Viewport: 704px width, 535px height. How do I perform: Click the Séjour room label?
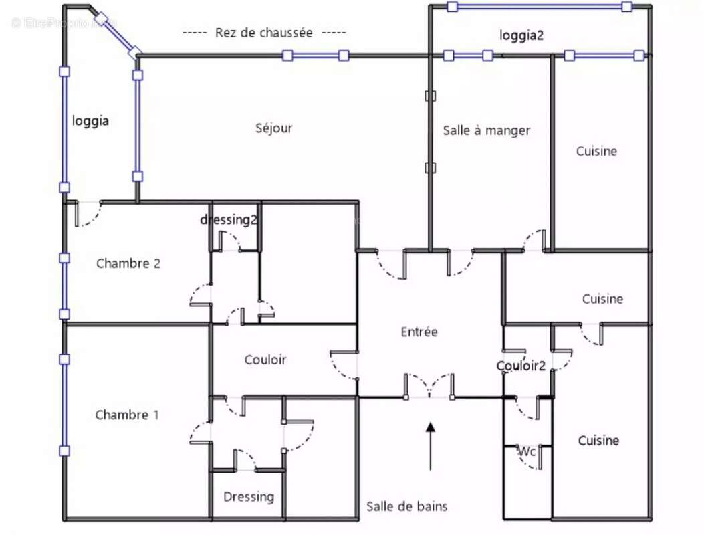click(x=274, y=128)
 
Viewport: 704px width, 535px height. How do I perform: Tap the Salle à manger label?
click(x=486, y=130)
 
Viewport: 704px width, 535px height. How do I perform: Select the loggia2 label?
click(x=521, y=35)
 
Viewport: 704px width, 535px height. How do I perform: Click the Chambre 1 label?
click(x=127, y=415)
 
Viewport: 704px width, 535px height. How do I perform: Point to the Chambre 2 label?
click(x=128, y=263)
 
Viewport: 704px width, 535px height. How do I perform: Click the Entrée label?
click(x=419, y=332)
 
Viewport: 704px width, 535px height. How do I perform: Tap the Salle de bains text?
click(x=406, y=506)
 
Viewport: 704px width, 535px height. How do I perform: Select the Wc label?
click(x=527, y=451)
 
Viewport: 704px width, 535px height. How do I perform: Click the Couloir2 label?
click(x=521, y=366)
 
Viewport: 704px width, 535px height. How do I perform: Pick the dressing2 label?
click(x=229, y=219)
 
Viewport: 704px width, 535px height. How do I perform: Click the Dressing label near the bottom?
click(x=249, y=497)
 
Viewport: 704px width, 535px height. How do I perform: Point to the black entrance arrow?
click(x=430, y=446)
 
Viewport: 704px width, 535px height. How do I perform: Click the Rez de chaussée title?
click(x=264, y=33)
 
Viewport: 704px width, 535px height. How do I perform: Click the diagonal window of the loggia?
click(x=118, y=36)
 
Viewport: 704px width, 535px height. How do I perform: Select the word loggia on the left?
click(x=90, y=121)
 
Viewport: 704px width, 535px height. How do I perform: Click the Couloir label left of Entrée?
click(x=265, y=360)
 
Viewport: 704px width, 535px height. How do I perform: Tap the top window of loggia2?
click(x=540, y=7)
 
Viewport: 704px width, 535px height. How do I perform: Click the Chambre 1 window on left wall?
click(x=65, y=405)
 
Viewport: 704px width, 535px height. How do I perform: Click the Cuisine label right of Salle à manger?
click(x=596, y=151)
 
